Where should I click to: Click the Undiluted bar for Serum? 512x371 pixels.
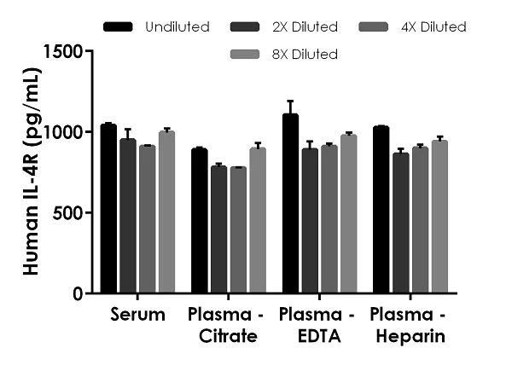(108, 209)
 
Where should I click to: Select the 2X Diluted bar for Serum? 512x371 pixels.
(128, 216)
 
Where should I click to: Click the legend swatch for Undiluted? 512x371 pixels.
(118, 27)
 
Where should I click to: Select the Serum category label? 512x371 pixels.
(137, 316)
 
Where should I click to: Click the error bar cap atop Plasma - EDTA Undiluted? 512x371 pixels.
(290, 101)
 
